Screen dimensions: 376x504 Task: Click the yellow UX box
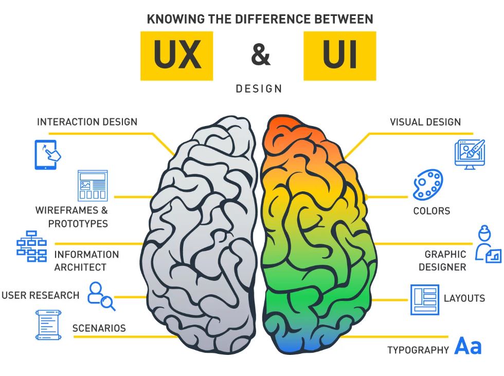point(176,56)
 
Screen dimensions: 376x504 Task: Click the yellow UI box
point(339,56)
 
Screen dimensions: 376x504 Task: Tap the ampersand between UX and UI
point(260,55)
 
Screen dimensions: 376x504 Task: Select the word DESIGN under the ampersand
point(259,89)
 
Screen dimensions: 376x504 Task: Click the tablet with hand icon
point(47,154)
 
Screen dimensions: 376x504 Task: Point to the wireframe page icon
point(93,185)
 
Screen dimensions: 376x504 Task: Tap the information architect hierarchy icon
point(31,246)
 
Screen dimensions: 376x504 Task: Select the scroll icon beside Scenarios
point(48,325)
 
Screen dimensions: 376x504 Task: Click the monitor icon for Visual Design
point(470,154)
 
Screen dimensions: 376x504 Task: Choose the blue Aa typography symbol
point(468,346)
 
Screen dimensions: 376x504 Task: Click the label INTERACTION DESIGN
point(87,122)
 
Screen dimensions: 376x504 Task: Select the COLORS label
point(431,211)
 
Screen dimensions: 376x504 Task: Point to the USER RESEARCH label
point(40,295)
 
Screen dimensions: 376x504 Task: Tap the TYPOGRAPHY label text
point(418,350)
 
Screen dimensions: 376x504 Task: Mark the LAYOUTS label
point(464,298)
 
